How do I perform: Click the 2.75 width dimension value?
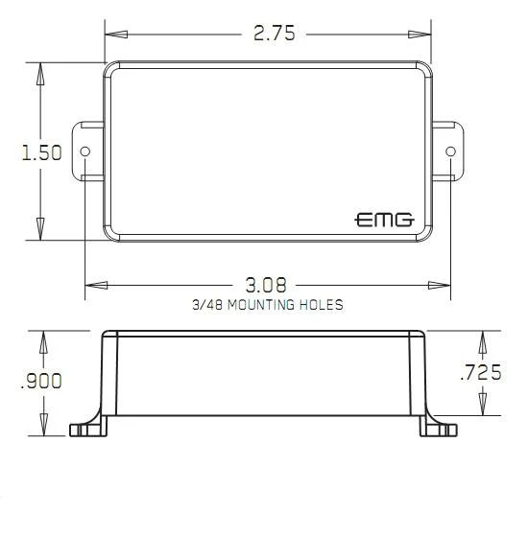click(275, 34)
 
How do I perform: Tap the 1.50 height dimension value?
click(41, 152)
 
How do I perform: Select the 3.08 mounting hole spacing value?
click(266, 285)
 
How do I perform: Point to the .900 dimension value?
click(41, 381)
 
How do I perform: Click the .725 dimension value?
click(481, 372)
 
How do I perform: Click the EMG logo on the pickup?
click(384, 220)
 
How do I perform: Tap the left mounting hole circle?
click(84, 151)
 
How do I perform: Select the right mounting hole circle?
click(451, 151)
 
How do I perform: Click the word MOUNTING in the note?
click(261, 305)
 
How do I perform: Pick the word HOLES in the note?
click(322, 305)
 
